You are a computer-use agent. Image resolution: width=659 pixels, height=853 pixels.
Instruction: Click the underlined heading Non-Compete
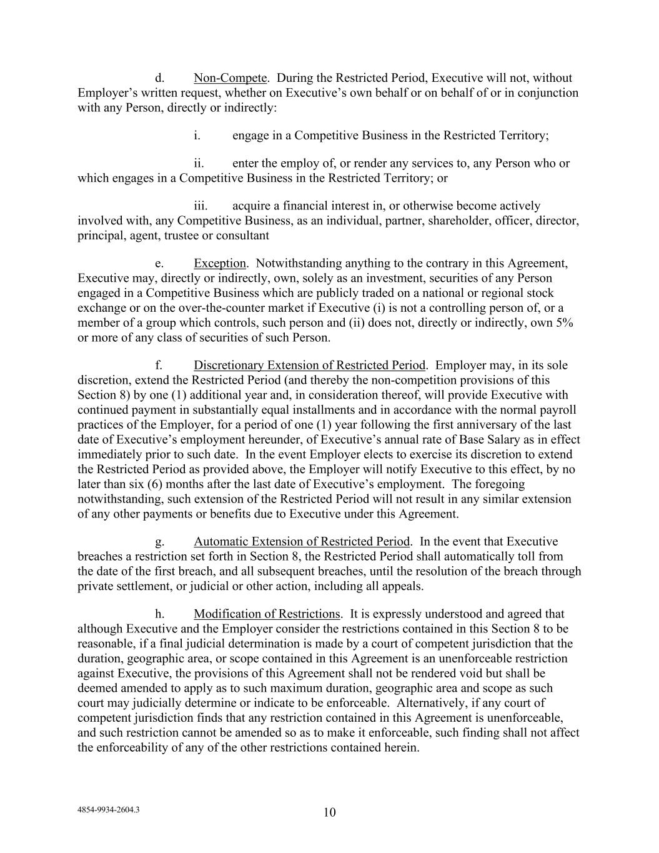pos(230,78)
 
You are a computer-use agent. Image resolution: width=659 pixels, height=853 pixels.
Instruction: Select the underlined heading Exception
pos(220,263)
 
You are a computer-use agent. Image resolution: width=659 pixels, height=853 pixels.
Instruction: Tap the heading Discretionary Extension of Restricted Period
pos(309,365)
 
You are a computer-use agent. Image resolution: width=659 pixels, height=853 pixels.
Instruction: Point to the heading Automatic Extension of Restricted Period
pos(302,541)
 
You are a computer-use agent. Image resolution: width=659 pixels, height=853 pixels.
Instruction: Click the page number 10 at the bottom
pos(330,812)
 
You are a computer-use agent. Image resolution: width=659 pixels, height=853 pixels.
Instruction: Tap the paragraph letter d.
pos(159,78)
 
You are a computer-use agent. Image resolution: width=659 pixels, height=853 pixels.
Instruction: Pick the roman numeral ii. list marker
pos(199,163)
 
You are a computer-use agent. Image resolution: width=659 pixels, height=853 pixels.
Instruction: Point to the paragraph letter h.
pos(159,614)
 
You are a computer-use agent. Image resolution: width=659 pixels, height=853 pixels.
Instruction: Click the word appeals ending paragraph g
pos(402,586)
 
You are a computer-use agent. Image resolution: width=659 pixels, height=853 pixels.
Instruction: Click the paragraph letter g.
pos(159,541)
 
